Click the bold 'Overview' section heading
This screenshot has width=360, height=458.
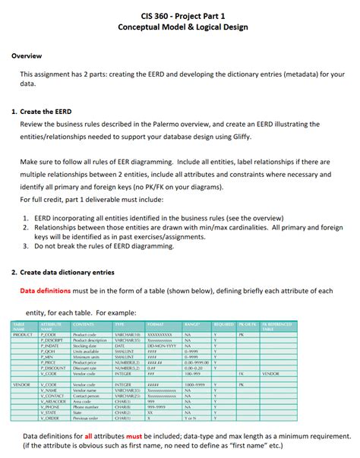pyautogui.click(x=27, y=56)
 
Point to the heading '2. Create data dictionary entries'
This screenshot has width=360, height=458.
pyautogui.click(x=69, y=271)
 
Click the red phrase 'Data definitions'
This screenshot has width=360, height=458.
pyautogui.click(x=52, y=290)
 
